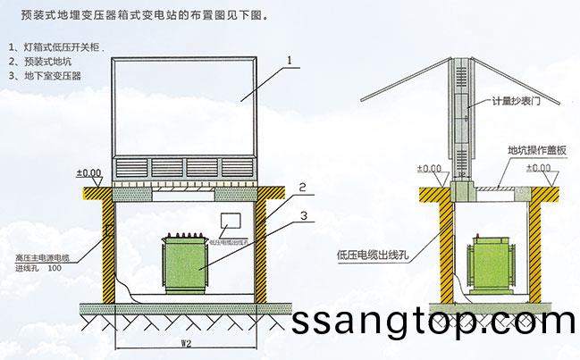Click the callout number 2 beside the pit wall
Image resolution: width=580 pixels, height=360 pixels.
tap(303, 188)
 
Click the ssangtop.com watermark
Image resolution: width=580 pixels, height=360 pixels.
tap(435, 320)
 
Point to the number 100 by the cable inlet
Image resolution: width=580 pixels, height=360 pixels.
tap(55, 267)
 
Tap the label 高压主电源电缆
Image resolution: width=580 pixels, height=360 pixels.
tap(45, 256)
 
